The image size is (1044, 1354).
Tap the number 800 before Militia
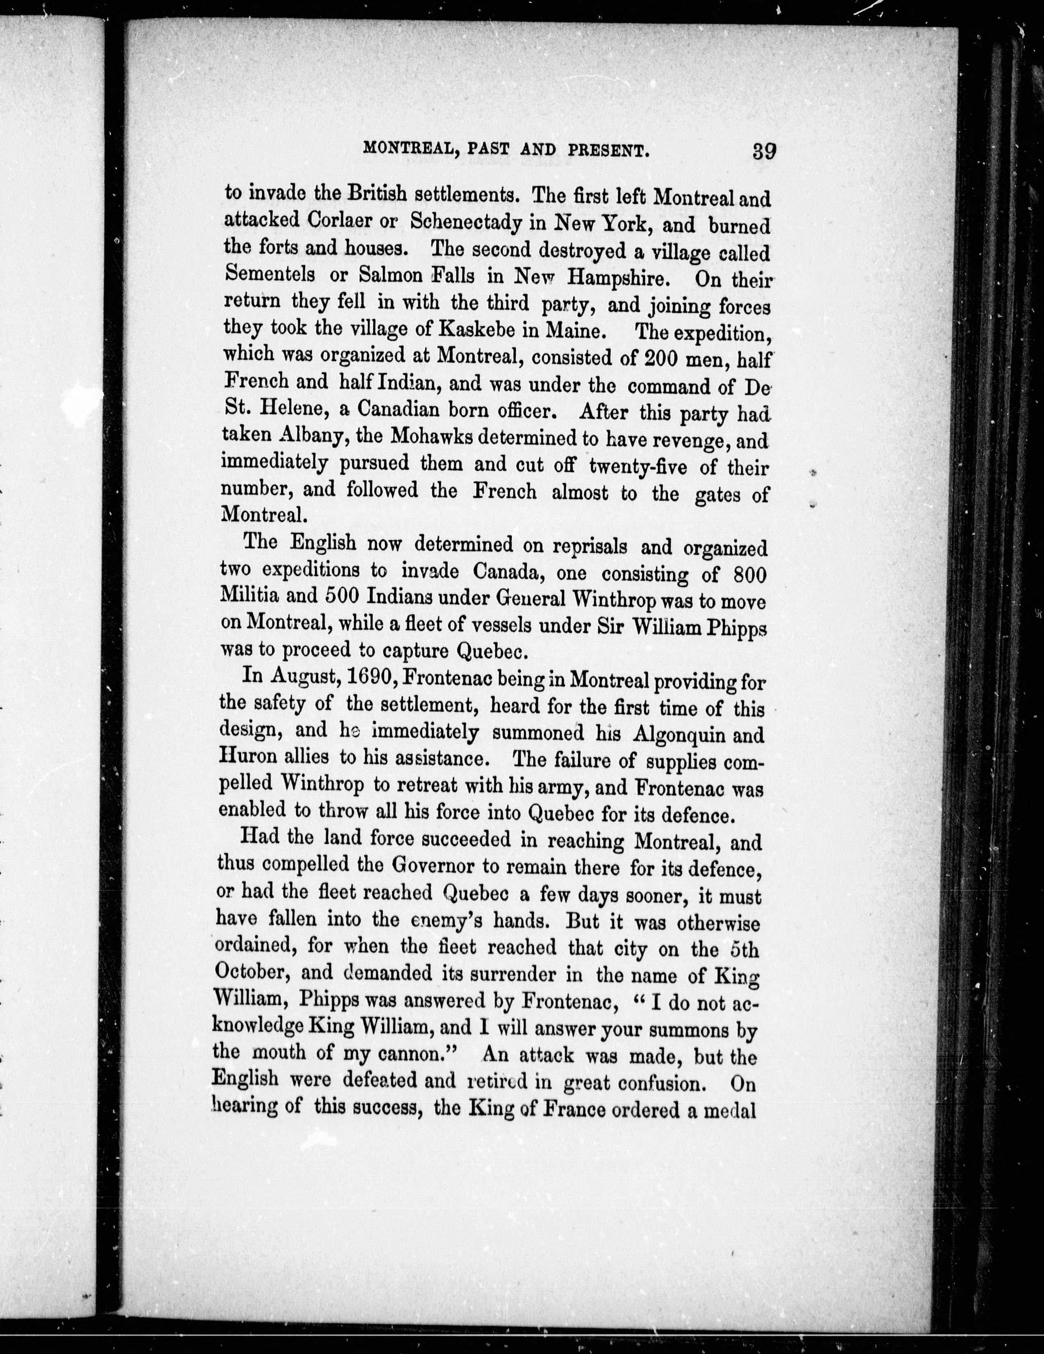(749, 574)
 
